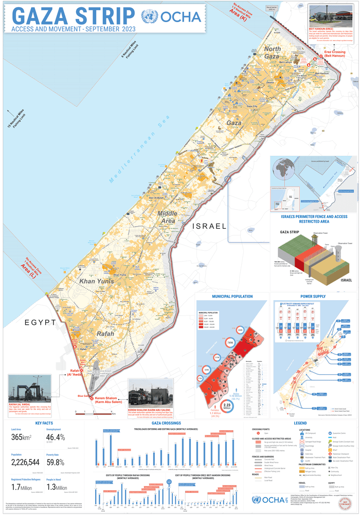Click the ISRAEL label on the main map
[209, 226]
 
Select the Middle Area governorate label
[167, 217]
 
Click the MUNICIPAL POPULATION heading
[232, 297]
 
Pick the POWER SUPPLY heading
[314, 297]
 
